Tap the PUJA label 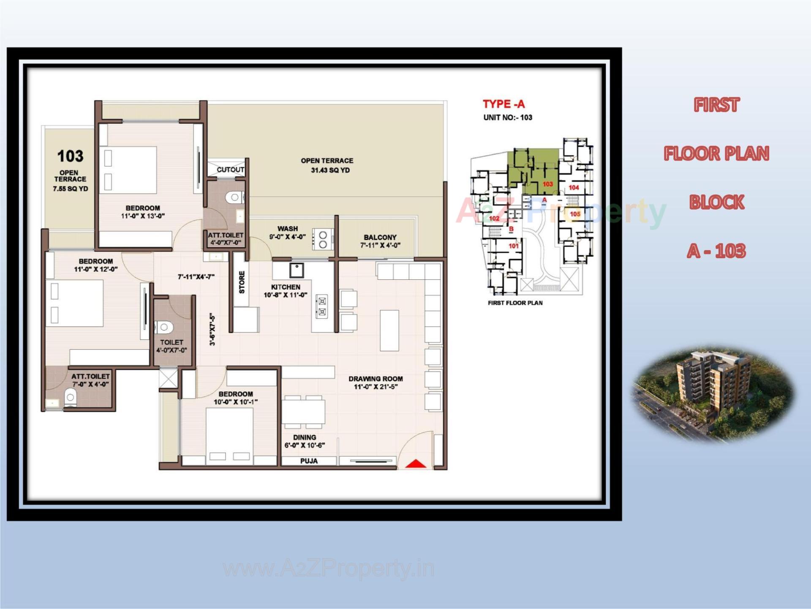click(x=309, y=461)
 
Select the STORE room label click(x=242, y=282)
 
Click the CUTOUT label click(x=230, y=169)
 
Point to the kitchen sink click(x=297, y=269)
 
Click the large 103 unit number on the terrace click(x=70, y=156)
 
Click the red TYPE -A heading click(x=503, y=104)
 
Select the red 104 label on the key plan click(x=574, y=188)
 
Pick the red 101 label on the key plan click(x=514, y=246)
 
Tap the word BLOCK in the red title click(x=716, y=202)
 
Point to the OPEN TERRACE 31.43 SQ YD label click(x=327, y=165)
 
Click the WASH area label click(x=288, y=229)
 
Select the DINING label click(x=305, y=437)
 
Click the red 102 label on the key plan click(x=494, y=218)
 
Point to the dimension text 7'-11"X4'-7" click(x=196, y=277)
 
